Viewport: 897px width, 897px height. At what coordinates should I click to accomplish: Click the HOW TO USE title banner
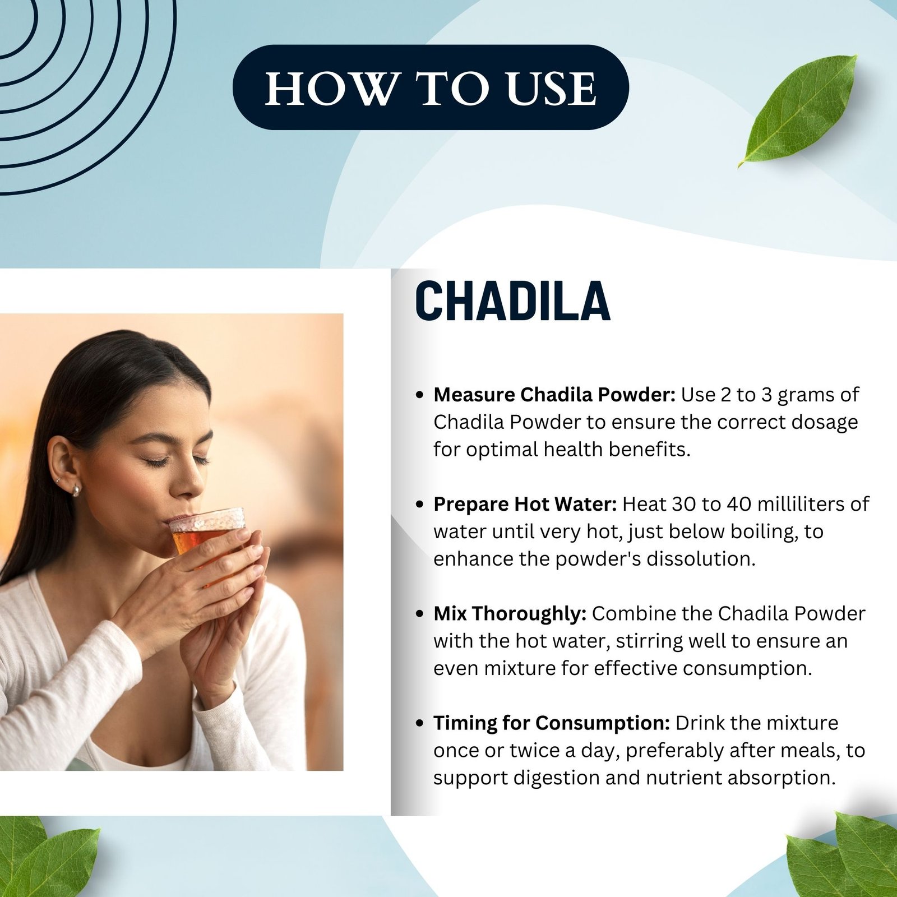pos(431,87)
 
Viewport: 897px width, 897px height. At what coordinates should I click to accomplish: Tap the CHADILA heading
pos(512,301)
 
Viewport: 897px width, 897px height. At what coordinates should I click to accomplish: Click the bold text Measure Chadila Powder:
pos(554,395)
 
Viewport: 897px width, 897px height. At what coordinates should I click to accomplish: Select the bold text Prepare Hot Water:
pos(525,504)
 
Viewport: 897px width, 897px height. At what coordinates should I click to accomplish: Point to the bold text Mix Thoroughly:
pos(510,613)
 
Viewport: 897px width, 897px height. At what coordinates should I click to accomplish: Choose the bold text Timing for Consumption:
pos(552,723)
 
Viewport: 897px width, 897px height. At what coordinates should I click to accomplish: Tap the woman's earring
pos(75,491)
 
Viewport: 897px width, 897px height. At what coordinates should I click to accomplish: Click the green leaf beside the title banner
pos(797,110)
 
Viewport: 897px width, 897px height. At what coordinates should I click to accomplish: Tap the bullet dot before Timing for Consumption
pos(419,723)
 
